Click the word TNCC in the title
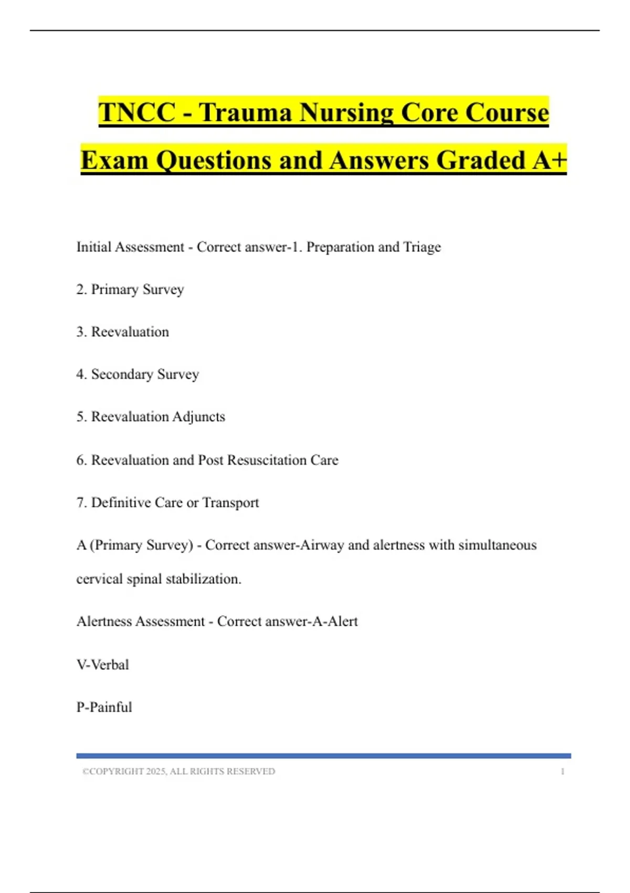pyautogui.click(x=137, y=112)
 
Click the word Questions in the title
pyautogui.click(x=213, y=161)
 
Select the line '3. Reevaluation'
pyautogui.click(x=123, y=332)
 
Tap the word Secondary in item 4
pyautogui.click(x=122, y=374)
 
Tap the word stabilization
pyautogui.click(x=203, y=579)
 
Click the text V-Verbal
pyautogui.click(x=103, y=665)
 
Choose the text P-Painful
pyautogui.click(x=104, y=708)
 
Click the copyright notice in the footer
pyautogui.click(x=179, y=772)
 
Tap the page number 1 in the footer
pyautogui.click(x=562, y=772)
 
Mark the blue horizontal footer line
pyautogui.click(x=323, y=756)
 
